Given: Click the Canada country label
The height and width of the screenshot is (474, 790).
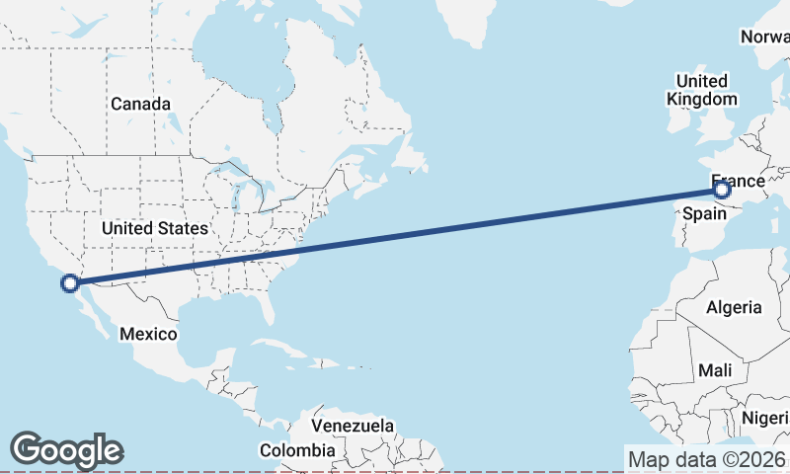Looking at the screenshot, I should click(x=140, y=104).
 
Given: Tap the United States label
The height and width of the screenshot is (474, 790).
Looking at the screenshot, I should click(x=155, y=228).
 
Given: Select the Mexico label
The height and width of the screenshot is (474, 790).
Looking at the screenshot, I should click(x=148, y=334).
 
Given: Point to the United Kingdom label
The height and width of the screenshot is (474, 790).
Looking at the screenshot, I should click(x=701, y=90).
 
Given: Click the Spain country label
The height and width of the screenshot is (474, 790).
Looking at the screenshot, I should click(x=704, y=213).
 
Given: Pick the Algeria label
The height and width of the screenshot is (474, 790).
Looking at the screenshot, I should click(x=734, y=307).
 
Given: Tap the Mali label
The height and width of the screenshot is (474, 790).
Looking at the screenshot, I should click(x=714, y=370).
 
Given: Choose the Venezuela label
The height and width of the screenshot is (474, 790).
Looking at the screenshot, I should click(x=353, y=426).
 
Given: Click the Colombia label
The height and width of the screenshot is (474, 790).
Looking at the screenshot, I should click(x=297, y=450).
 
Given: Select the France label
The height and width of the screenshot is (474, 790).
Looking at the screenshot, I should click(x=738, y=180).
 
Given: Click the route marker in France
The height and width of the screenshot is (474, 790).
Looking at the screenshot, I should click(x=722, y=189).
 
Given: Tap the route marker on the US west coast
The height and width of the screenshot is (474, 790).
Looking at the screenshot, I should click(x=70, y=284).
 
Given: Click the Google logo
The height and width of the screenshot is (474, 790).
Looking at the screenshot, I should click(x=66, y=450).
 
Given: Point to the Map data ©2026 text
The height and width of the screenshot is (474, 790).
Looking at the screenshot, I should click(x=706, y=459).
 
